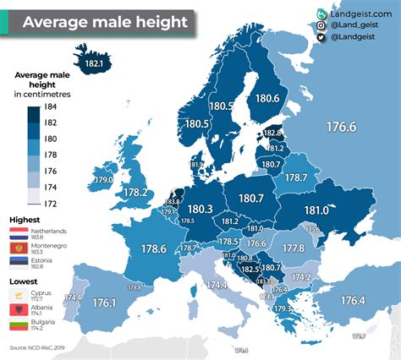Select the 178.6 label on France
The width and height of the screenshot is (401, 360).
[x=153, y=248]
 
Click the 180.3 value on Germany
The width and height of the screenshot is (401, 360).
[x=200, y=208]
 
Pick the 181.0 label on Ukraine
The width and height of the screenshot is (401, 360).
[x=316, y=210]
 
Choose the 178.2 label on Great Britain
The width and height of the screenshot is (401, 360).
[x=135, y=193]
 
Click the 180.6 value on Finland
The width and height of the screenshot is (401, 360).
[x=266, y=99]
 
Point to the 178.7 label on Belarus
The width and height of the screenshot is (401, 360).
[x=296, y=177]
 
